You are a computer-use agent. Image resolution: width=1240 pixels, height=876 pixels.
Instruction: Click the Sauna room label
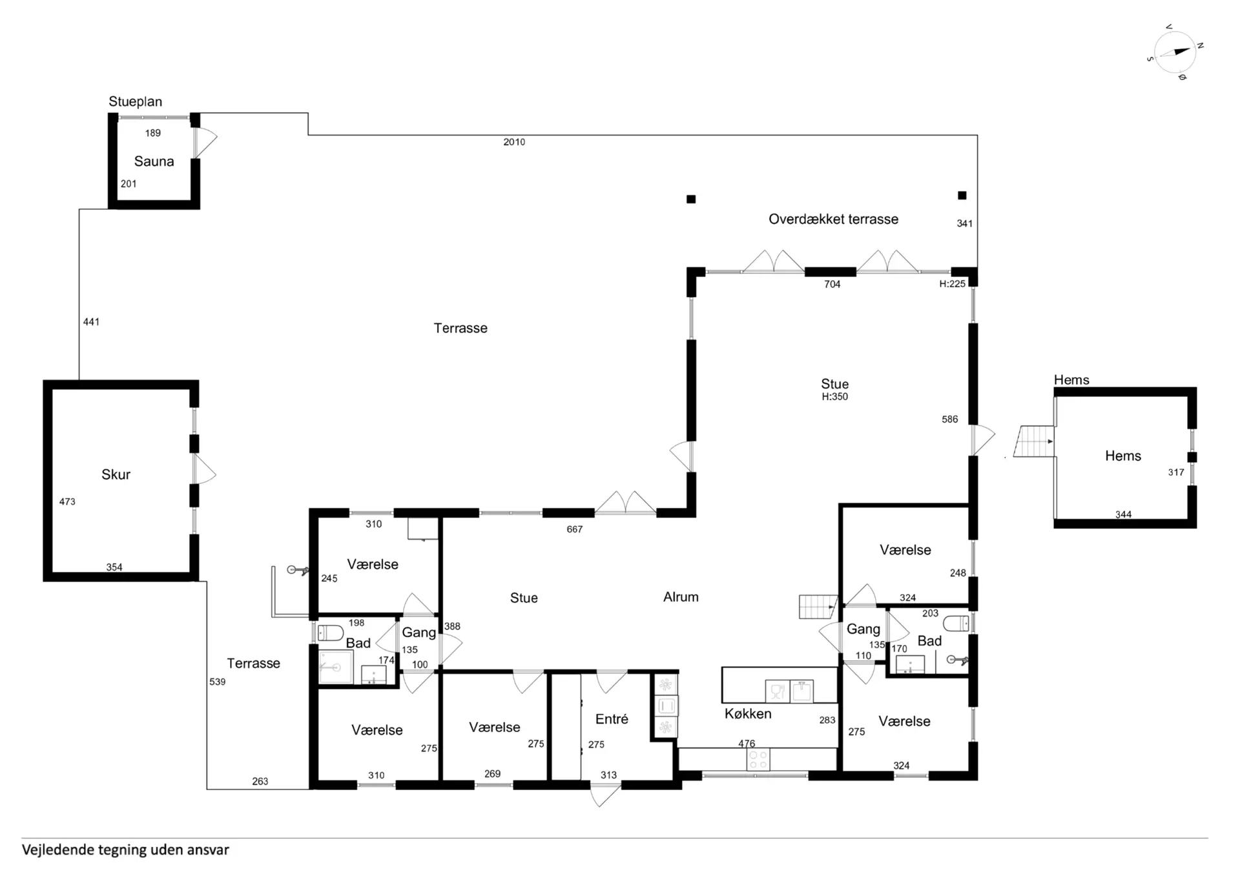[x=154, y=161]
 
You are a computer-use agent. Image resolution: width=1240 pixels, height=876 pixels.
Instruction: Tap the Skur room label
[x=116, y=474]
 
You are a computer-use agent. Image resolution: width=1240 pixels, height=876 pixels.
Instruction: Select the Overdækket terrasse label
[x=833, y=219]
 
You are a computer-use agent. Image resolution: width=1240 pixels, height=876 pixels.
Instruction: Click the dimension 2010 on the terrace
[x=514, y=142]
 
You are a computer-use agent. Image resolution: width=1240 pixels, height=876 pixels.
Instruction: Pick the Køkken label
[x=748, y=714]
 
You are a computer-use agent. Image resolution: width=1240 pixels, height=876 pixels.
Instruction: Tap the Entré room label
[x=612, y=719]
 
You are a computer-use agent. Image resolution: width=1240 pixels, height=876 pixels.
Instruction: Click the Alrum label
[x=681, y=597]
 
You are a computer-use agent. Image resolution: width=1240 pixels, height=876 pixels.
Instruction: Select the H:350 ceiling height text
[x=834, y=397]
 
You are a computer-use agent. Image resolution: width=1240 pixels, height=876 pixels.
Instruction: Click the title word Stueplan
[x=135, y=101]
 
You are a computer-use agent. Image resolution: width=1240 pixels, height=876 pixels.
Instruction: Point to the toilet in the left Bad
[x=330, y=632]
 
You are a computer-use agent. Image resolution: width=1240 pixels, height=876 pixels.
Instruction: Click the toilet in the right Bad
[x=956, y=623]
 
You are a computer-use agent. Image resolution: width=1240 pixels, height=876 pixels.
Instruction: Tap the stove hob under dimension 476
[x=758, y=760]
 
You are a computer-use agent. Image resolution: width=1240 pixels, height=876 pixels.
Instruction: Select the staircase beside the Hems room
[x=1034, y=442]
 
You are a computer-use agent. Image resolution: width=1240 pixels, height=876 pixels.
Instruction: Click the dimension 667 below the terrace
[x=574, y=529]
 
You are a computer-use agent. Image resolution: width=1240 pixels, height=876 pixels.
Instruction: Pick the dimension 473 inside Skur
[x=67, y=502]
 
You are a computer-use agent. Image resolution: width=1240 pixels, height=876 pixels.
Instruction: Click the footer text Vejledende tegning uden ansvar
[x=125, y=850]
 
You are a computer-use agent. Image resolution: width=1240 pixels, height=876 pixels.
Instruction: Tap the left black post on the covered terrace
[x=691, y=199]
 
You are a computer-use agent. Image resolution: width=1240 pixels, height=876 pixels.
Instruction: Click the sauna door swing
[x=205, y=142]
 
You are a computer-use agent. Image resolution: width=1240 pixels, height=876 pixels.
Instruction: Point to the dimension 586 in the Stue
[x=949, y=420]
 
